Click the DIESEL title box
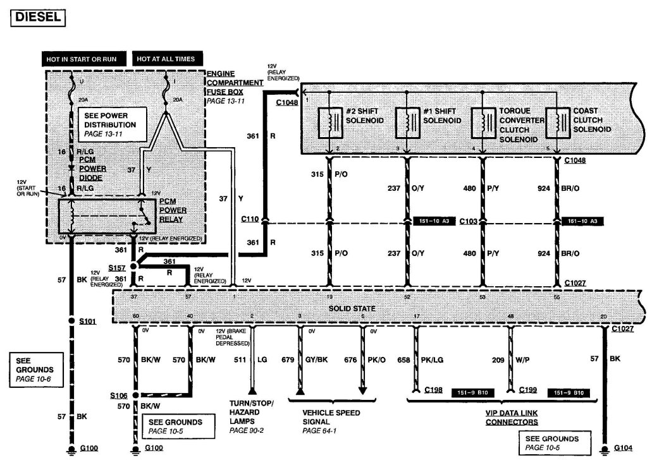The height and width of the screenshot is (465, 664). coord(38,17)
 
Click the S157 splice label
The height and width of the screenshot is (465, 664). coord(116,268)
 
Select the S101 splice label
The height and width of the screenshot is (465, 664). coord(88,322)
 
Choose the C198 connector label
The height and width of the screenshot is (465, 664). coord(434,390)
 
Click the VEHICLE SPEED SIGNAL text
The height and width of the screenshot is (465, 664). coord(331,417)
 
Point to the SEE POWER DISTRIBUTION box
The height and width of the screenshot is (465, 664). coord(110,124)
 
